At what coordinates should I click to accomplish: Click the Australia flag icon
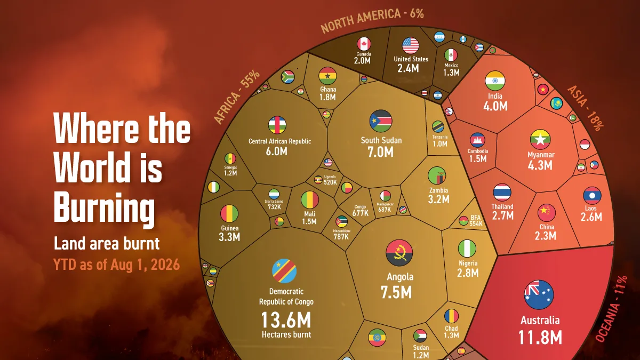pos(539,295)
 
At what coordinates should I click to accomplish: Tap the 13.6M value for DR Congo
pos(286,320)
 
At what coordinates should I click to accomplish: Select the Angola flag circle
pos(399,253)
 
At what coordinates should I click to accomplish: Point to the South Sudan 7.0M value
pos(381,152)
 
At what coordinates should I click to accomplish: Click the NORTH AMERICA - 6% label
pos(372,20)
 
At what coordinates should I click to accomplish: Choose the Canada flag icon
pos(364,44)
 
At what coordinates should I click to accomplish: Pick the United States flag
pos(411,46)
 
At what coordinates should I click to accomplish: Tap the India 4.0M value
pos(495,106)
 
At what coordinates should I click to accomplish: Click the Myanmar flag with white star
pos(540,139)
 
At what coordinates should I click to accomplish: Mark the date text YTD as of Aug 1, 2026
pos(117,265)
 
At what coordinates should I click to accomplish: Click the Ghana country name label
pos(328,89)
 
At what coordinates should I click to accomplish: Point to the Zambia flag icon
pos(437,175)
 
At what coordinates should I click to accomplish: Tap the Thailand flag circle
pos(502,193)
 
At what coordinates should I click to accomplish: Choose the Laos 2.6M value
pos(591,217)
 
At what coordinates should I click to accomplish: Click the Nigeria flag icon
pos(467,249)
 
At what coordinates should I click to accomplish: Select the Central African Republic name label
pos(279,141)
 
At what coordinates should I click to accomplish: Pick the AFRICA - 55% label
pos(237,97)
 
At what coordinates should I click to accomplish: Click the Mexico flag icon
pos(451,55)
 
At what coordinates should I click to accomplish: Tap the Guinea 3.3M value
pos(229,237)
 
